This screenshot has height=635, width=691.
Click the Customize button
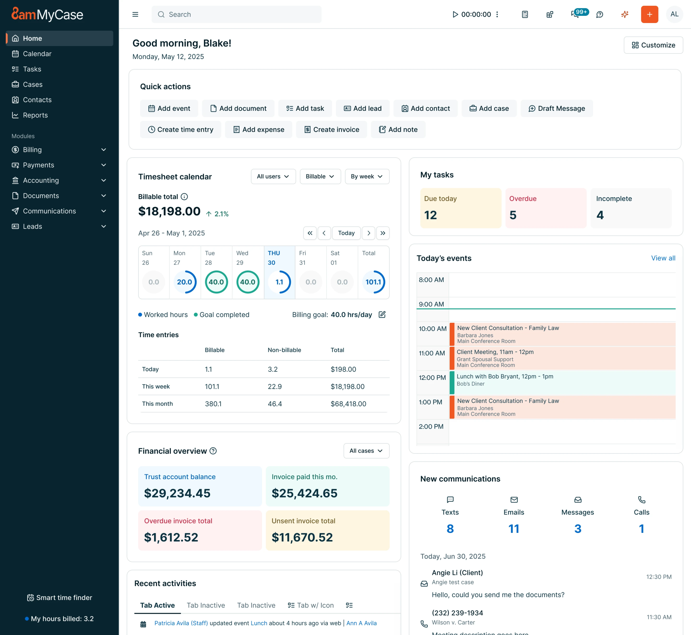(x=653, y=45)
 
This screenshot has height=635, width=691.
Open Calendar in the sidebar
(x=37, y=54)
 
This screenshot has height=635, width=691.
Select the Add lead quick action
(x=362, y=108)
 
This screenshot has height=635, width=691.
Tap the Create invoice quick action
(x=331, y=129)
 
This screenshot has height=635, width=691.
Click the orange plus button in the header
(x=649, y=14)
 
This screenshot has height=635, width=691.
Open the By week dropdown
(x=367, y=176)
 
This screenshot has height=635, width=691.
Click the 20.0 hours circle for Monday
(x=185, y=282)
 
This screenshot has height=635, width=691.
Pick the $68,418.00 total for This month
(x=348, y=404)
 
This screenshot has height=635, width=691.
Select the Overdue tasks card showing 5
(x=546, y=208)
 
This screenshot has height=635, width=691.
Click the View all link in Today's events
(x=663, y=258)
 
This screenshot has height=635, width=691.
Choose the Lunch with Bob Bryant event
(x=562, y=382)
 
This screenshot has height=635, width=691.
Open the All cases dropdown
(x=366, y=451)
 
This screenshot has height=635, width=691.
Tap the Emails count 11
(x=514, y=529)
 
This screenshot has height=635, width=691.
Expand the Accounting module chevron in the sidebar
(x=103, y=180)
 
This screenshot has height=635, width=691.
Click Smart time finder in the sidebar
(x=60, y=598)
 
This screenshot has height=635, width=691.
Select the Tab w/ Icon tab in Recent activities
(x=310, y=605)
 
